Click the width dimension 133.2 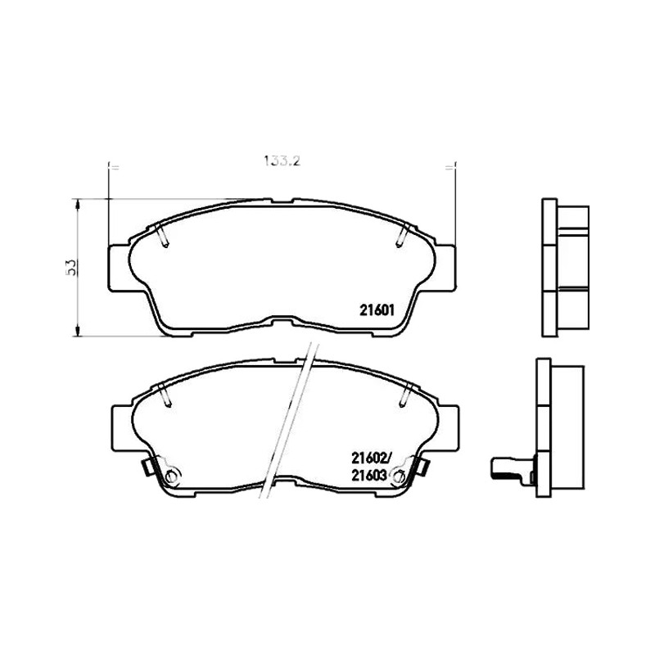[282, 160]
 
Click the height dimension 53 [71, 268]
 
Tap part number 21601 [377, 310]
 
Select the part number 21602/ [370, 458]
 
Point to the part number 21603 [368, 476]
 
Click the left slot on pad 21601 [161, 235]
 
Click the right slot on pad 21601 [402, 235]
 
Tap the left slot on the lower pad [165, 395]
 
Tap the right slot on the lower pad [405, 395]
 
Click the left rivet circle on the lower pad [171, 476]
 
